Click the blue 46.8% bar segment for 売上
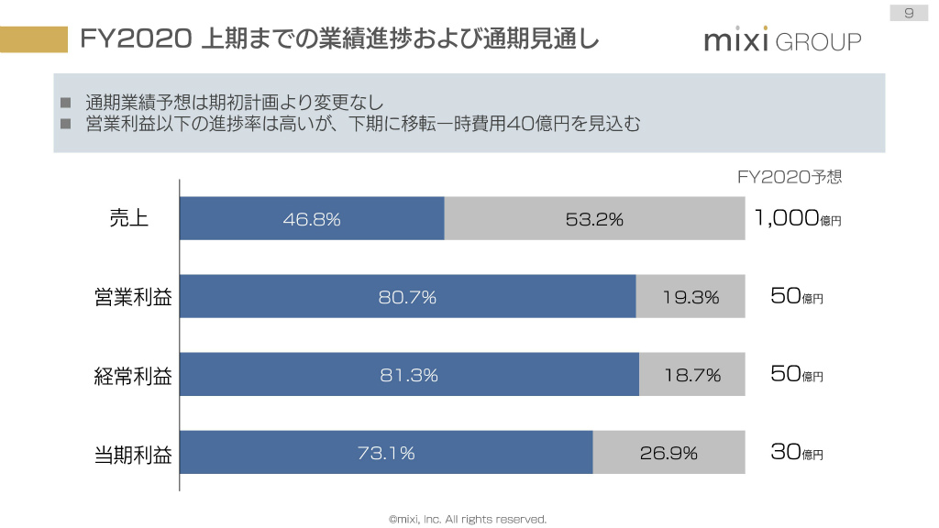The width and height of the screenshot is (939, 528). click(312, 218)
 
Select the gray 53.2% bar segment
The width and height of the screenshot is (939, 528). click(594, 218)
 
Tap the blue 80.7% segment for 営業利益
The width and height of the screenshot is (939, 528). click(407, 297)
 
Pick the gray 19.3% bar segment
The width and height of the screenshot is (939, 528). click(690, 297)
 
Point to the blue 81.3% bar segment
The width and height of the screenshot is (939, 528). click(409, 375)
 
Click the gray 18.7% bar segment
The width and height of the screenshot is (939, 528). click(692, 375)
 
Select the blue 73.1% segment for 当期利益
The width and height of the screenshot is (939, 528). click(386, 453)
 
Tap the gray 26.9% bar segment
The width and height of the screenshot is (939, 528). click(668, 453)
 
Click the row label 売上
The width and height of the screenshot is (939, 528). click(128, 218)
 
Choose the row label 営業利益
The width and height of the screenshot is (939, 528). click(133, 297)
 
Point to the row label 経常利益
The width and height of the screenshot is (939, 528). click(133, 375)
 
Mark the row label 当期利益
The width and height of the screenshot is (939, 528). click(133, 453)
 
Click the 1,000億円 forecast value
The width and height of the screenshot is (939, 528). click(797, 218)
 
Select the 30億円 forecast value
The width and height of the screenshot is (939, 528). click(797, 453)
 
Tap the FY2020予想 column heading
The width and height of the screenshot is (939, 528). click(790, 177)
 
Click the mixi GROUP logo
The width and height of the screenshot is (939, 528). click(782, 40)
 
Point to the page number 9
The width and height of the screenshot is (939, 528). click(908, 12)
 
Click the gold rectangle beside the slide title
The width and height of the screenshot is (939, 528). click(34, 38)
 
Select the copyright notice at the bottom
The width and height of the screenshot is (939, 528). click(468, 519)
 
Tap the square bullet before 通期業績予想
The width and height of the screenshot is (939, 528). click(66, 102)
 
